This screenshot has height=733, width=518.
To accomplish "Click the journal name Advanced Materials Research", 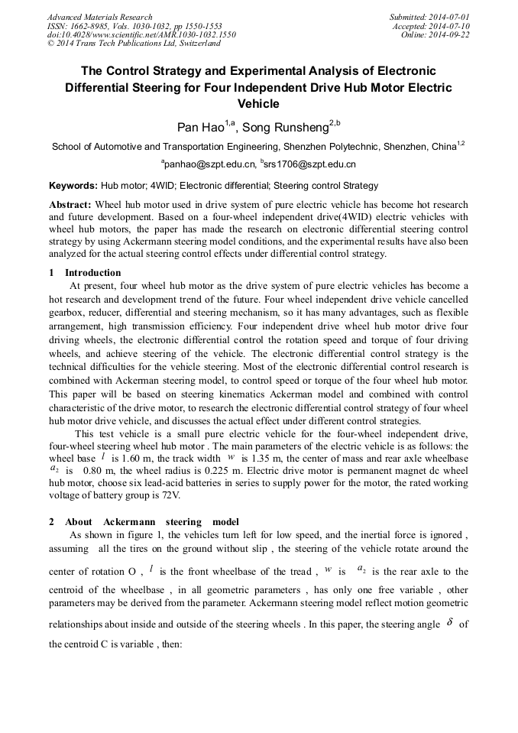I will point(99,17).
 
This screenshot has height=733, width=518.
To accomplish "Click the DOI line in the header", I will point(141,35).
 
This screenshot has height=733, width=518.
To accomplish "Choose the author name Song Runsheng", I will point(290,127).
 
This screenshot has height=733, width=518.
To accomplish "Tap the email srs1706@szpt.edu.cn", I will point(310,164).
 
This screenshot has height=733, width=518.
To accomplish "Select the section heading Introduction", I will point(92,273).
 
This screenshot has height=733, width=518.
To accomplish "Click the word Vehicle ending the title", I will point(258,104).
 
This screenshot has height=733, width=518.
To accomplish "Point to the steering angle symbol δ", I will point(449,623).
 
